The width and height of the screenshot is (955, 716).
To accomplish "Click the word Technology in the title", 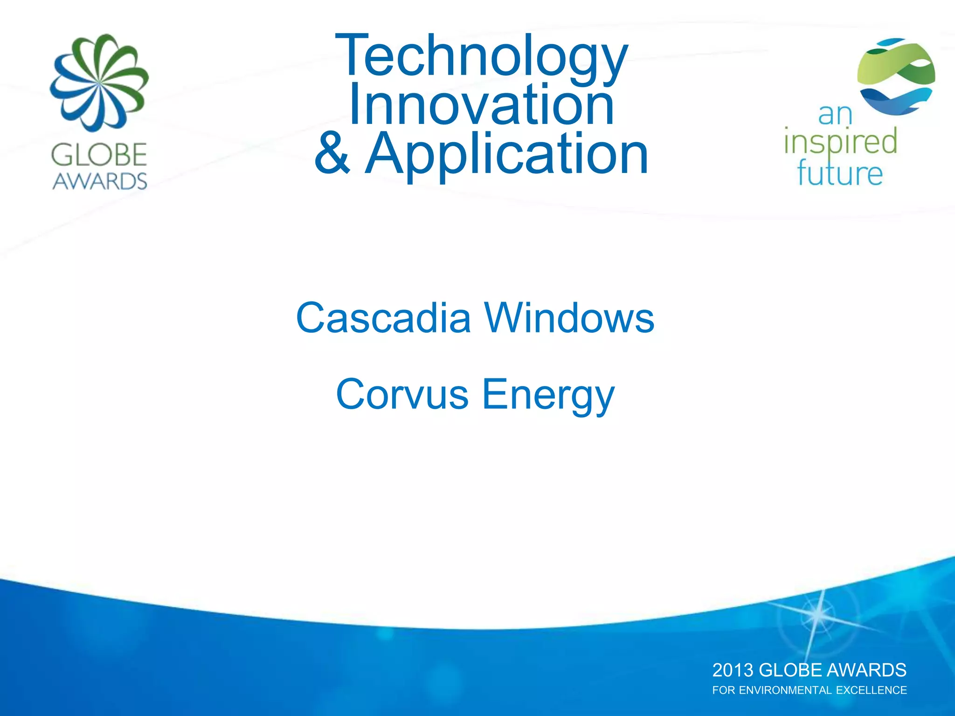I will tap(481, 56).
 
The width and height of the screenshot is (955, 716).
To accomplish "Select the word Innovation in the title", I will tap(481, 105).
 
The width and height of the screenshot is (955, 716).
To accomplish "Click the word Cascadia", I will tap(383, 318).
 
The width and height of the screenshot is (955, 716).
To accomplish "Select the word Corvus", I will tap(402, 394).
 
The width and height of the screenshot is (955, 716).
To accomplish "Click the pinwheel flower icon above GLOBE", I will tap(99, 83).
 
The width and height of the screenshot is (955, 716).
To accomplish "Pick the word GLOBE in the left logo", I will tap(99, 155).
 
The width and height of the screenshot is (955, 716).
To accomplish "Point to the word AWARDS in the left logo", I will tap(100, 181).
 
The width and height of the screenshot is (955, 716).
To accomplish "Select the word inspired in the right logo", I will tap(840, 142).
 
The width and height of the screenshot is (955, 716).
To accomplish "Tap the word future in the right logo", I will tap(840, 173).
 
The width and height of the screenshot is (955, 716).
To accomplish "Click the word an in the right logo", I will tap(835, 115).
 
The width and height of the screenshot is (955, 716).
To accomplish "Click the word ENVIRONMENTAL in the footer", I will tap(787, 690).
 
